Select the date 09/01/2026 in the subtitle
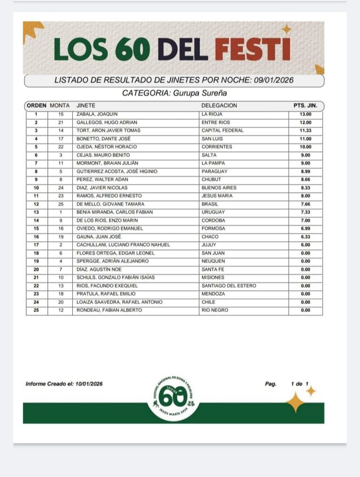coord(274,80)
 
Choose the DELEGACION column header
coord(219,106)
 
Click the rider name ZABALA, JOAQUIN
coord(97,114)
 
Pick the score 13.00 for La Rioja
coord(306,114)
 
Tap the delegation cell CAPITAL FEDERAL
coord(223,130)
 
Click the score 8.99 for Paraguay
coord(306,171)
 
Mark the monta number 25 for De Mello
coord(61,204)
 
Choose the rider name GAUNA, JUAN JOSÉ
coord(99,237)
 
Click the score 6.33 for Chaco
coord(306,237)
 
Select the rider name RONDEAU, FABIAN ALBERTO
coord(109,310)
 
